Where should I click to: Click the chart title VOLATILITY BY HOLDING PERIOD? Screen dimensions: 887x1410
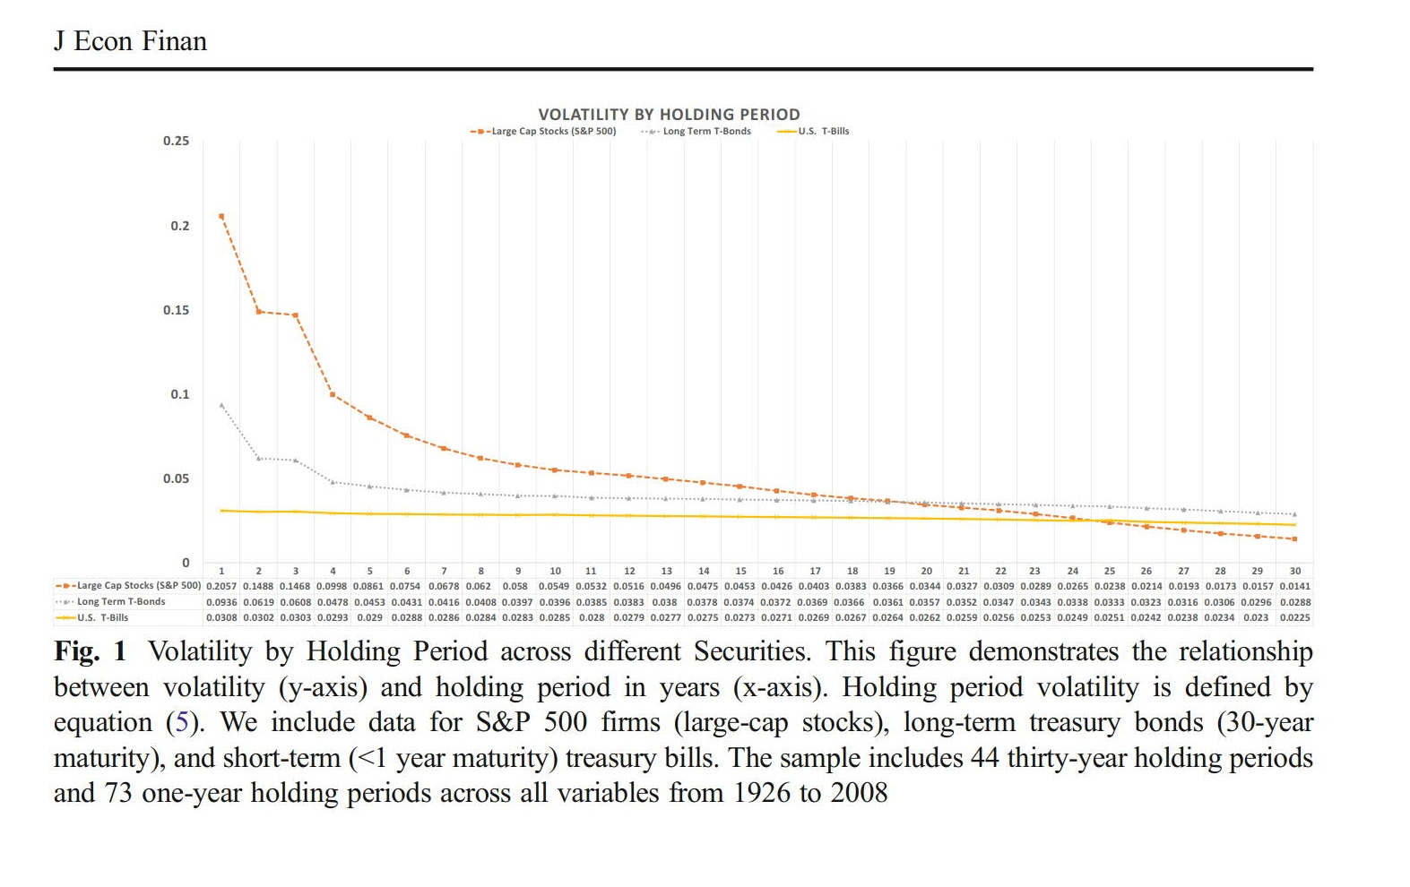(669, 115)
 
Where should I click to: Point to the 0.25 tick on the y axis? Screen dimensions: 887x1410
(176, 141)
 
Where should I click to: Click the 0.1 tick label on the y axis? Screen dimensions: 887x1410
(180, 394)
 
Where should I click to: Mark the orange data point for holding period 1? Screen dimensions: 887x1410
(221, 216)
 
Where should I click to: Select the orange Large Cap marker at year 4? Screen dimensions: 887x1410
(333, 394)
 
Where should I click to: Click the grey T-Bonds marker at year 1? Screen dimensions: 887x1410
(221, 405)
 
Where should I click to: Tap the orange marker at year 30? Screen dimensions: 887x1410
(1294, 538)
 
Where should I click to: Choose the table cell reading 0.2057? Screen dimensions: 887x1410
(221, 586)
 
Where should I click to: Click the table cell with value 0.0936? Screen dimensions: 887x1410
(221, 602)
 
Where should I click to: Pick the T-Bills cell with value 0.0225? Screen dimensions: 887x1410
(1294, 617)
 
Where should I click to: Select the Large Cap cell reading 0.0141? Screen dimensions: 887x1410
(1294, 586)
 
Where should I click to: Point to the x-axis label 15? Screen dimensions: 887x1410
(740, 571)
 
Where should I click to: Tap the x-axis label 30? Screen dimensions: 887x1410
(1294, 571)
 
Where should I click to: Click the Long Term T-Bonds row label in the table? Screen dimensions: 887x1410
(121, 602)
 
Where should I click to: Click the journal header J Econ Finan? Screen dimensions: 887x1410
(131, 41)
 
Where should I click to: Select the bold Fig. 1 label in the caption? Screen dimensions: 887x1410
(91, 651)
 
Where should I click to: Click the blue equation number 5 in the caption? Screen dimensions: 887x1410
(182, 722)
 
